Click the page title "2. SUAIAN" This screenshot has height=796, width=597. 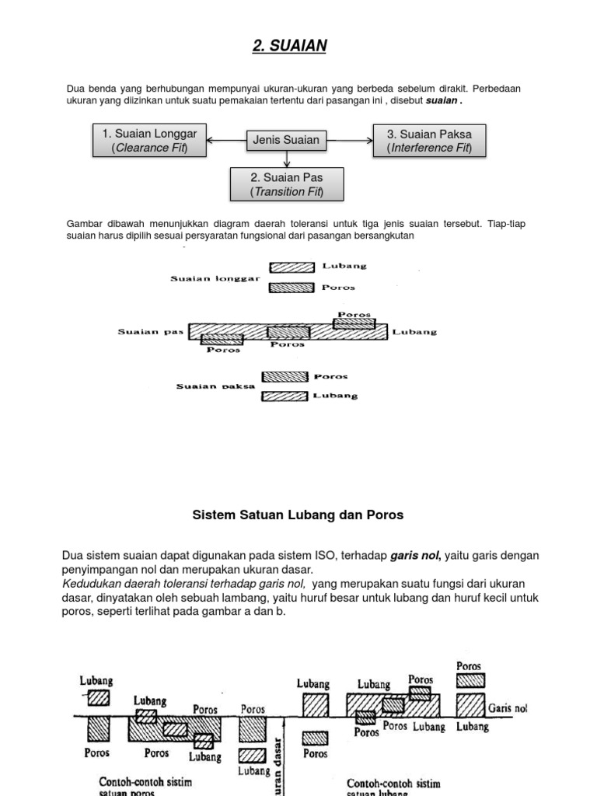[x=289, y=47]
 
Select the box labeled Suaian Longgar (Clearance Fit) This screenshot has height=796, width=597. [x=149, y=141]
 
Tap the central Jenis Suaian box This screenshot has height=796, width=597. [x=286, y=140]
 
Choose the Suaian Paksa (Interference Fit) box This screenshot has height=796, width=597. [x=429, y=141]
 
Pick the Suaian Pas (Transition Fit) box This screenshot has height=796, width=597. [x=286, y=184]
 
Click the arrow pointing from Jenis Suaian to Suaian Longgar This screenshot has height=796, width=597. [x=226, y=141]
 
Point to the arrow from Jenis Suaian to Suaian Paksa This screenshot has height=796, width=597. [x=350, y=141]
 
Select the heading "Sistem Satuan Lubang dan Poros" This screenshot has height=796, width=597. [x=298, y=515]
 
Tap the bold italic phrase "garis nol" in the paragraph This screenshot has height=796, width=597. [x=415, y=556]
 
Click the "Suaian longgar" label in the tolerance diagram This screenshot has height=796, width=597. [x=215, y=278]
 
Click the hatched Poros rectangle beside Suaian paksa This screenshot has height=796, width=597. [x=285, y=377]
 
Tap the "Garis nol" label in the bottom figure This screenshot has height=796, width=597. [x=508, y=708]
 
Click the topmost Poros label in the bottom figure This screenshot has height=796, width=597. [x=469, y=666]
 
